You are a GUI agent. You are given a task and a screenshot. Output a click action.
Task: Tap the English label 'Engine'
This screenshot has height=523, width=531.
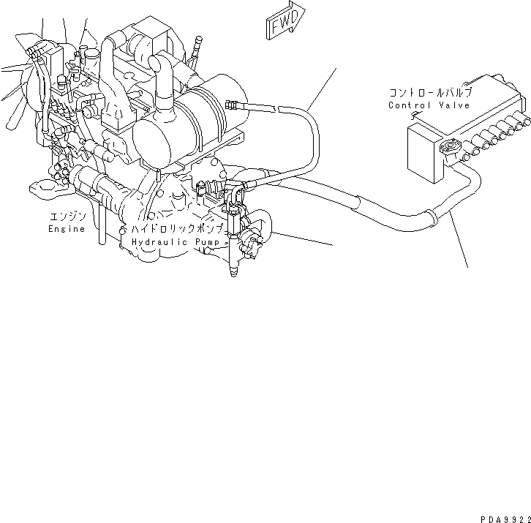[67, 228]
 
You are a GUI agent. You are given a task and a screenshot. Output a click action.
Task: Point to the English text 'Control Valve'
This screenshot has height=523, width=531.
[429, 105]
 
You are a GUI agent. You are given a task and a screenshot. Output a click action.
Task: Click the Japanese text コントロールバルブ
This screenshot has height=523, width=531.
[431, 93]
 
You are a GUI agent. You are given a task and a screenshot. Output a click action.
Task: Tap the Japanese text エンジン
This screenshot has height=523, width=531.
[68, 217]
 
